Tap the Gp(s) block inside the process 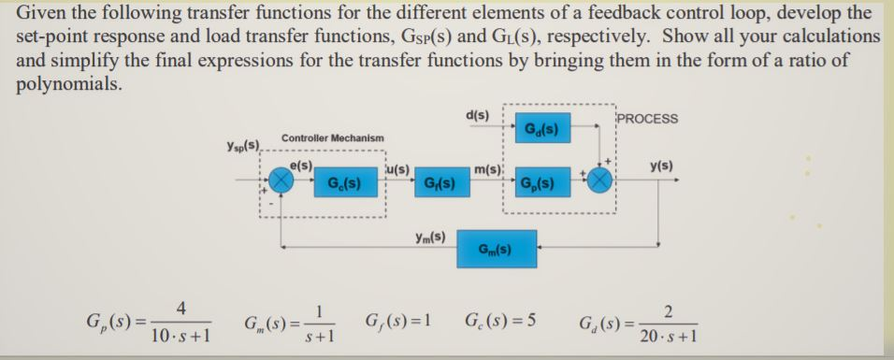tap(538, 181)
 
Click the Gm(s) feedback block tap(494, 250)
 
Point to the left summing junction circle tap(281, 180)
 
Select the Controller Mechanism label tap(332, 137)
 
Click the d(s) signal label tap(477, 115)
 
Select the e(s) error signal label tap(301, 165)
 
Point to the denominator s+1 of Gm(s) tap(317, 336)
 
